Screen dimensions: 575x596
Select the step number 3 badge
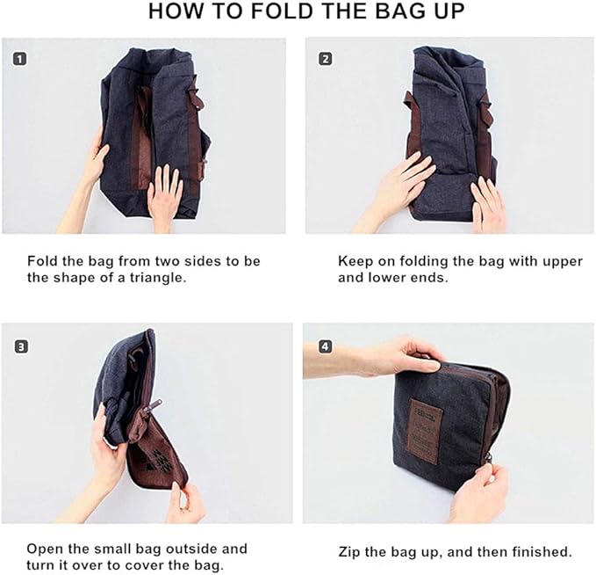(x=19, y=346)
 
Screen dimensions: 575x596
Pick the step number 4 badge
(x=326, y=346)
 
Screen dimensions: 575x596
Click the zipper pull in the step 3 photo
(x=151, y=407)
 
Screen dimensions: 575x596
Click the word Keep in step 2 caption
(x=355, y=261)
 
